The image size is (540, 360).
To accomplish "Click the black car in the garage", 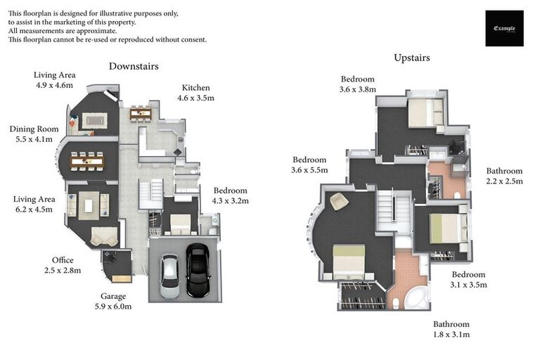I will point(198,271).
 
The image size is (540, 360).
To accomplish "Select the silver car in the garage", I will point(171,275).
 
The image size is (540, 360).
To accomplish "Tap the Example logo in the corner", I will point(504,28).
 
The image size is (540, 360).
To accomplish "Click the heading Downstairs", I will point(134,66).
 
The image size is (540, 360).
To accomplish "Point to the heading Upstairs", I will point(412,58).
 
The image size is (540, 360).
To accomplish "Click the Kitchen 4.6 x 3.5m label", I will point(195,93).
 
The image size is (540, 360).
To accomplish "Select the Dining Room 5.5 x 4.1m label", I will point(34,134).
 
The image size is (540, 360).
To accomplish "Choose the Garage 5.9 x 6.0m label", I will point(112,302).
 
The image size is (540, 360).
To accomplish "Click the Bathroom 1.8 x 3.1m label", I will point(451,329).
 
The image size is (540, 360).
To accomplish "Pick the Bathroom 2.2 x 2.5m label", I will point(504,176).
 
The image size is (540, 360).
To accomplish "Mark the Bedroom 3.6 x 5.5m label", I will point(310,165).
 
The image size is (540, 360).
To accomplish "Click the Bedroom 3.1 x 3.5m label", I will point(469,279).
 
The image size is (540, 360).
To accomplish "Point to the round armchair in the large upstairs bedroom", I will point(339,201).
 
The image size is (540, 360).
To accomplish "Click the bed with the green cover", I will point(448,228).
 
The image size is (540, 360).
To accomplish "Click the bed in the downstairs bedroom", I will point(181,224).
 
